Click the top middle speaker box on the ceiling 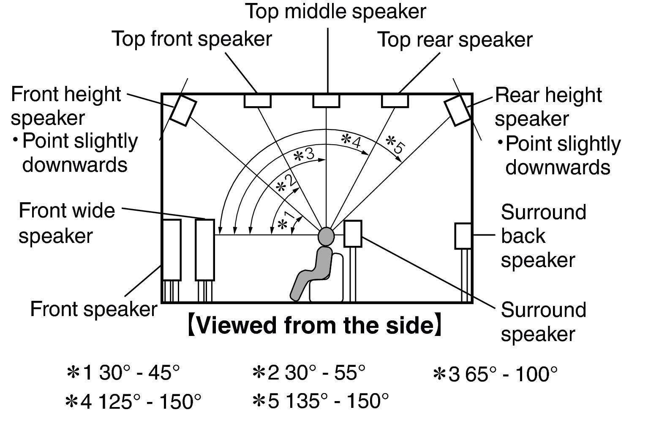click(326, 101)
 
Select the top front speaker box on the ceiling click(257, 101)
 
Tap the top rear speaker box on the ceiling click(395, 101)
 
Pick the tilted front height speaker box click(183, 110)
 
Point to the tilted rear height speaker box click(458, 110)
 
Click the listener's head click(326, 236)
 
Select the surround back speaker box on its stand click(463, 236)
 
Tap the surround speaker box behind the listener click(353, 234)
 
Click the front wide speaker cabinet click(205, 250)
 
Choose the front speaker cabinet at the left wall click(172, 250)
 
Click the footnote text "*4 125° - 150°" click(133, 401)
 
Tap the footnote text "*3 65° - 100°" click(495, 374)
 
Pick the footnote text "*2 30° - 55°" click(308, 373)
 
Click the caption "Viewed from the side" click(315, 326)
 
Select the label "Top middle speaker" click(336, 11)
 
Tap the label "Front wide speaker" click(67, 223)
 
